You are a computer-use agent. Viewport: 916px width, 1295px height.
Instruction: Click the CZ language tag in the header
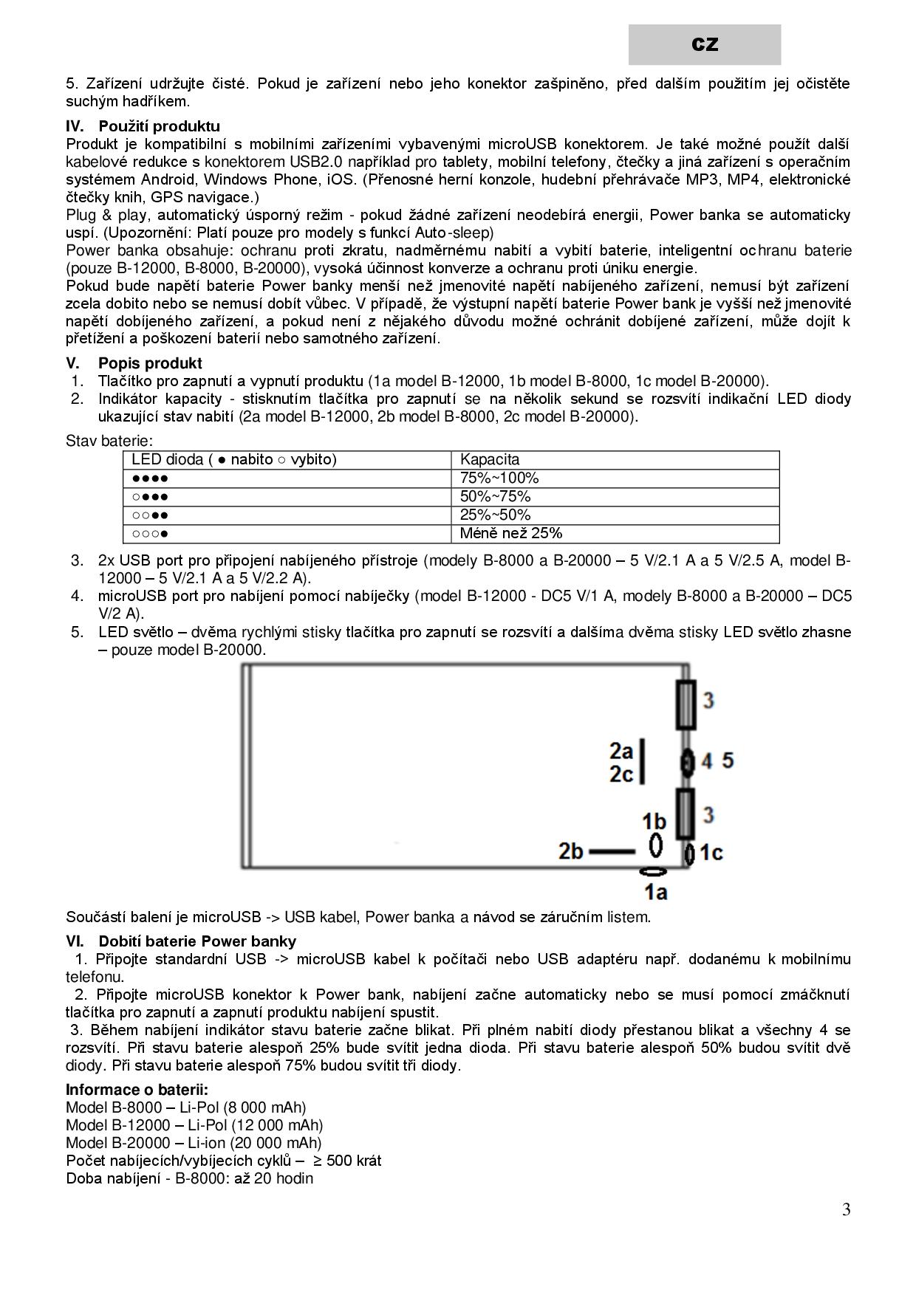[x=705, y=44]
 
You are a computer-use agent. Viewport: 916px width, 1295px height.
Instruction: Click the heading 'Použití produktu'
[x=159, y=126]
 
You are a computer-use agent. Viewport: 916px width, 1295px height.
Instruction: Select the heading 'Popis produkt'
[x=150, y=363]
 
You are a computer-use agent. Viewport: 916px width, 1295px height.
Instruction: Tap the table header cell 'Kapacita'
[x=490, y=459]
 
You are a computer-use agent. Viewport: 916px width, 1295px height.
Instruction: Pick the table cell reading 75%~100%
[x=499, y=478]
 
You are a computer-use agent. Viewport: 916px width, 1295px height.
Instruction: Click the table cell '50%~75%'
[x=496, y=496]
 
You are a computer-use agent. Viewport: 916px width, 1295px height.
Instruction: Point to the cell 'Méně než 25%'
[x=511, y=533]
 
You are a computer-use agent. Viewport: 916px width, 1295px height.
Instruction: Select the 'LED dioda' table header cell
[x=233, y=459]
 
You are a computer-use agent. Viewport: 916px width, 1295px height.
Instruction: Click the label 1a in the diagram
[x=655, y=893]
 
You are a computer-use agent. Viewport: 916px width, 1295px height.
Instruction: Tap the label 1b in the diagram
[x=654, y=821]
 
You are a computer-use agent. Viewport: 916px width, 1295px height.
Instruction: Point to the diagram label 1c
[x=711, y=853]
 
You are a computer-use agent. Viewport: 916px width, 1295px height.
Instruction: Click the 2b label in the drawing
[x=570, y=851]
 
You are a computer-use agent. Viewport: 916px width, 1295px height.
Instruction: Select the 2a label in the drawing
[x=621, y=751]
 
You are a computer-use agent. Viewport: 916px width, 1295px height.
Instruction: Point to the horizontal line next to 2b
[x=612, y=851]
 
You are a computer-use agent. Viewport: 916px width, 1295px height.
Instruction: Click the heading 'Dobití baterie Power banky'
[x=197, y=941]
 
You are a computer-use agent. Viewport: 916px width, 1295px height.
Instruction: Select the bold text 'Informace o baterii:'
[x=137, y=1090]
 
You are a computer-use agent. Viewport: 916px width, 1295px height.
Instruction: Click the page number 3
[x=846, y=1210]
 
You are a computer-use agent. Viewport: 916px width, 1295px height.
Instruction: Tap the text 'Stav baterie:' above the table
[x=109, y=441]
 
